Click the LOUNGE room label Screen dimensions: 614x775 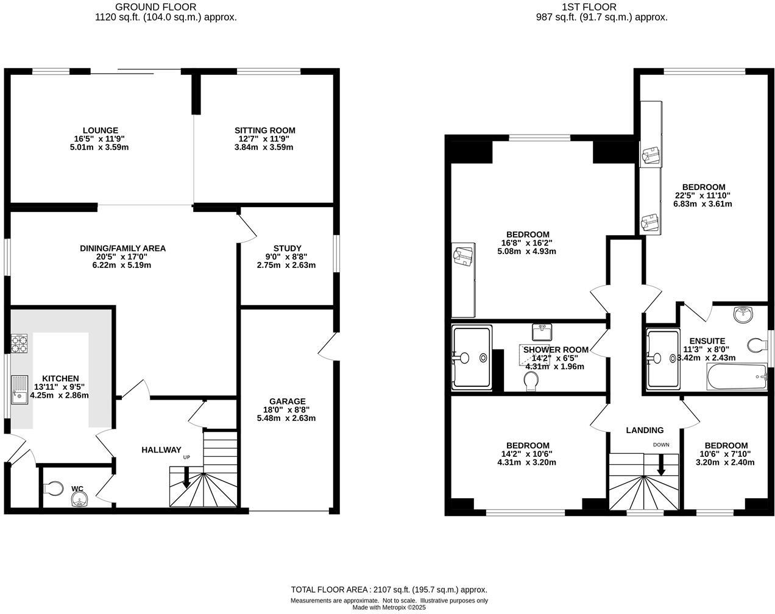pyautogui.click(x=101, y=130)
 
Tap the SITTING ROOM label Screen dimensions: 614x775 pyautogui.click(x=265, y=130)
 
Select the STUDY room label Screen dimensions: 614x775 pyautogui.click(x=287, y=248)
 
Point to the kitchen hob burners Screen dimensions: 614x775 pyautogui.click(x=19, y=344)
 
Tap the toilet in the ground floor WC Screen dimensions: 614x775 pyautogui.click(x=54, y=488)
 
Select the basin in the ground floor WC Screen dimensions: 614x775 pyautogui.click(x=79, y=499)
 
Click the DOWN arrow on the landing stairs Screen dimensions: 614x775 pyautogui.click(x=661, y=466)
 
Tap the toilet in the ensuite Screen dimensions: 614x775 pyautogui.click(x=757, y=345)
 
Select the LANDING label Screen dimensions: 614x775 pyautogui.click(x=645, y=430)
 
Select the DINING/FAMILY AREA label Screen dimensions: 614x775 pyautogui.click(x=122, y=248)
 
